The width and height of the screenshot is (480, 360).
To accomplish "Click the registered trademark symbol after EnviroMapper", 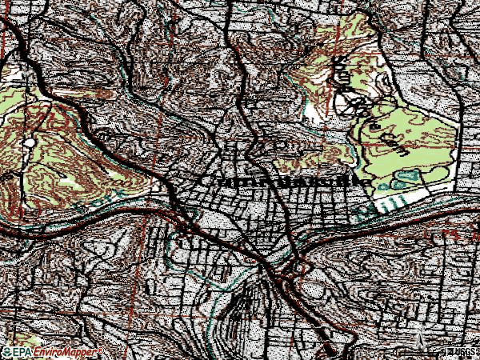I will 101,350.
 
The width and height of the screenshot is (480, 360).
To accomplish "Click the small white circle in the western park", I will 30,142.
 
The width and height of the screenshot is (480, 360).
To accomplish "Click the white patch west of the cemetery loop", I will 310,111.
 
